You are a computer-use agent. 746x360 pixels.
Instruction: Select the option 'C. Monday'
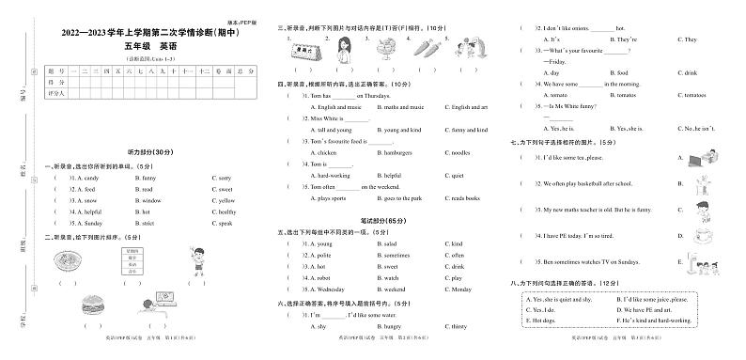tap(460, 290)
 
